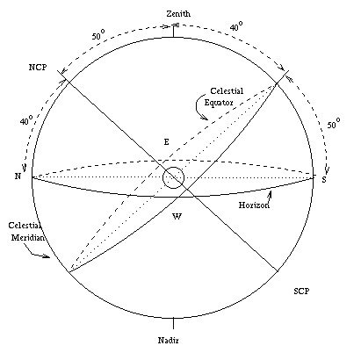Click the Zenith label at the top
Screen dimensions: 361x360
point(178,14)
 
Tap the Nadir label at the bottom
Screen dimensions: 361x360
point(169,340)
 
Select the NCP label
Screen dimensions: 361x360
point(38,68)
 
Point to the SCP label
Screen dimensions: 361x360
point(301,292)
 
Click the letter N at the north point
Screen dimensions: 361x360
point(18,176)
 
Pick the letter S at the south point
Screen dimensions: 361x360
point(324,179)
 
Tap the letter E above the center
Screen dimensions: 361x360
point(166,142)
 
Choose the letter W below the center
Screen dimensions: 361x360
point(177,217)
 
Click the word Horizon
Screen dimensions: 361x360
point(254,205)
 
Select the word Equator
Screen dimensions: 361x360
point(219,103)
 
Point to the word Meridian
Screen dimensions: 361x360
point(28,237)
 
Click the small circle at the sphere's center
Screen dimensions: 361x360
point(173,168)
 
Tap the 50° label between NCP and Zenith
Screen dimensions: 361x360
point(98,35)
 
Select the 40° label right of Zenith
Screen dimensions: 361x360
point(236,26)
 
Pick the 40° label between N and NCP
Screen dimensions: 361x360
point(26,119)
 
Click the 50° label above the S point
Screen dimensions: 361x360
point(334,124)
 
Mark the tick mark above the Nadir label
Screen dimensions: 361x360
point(173,323)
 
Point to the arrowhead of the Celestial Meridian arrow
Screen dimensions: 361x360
point(47,256)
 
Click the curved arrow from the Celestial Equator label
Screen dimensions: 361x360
point(200,106)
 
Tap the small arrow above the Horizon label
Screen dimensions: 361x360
point(271,196)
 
